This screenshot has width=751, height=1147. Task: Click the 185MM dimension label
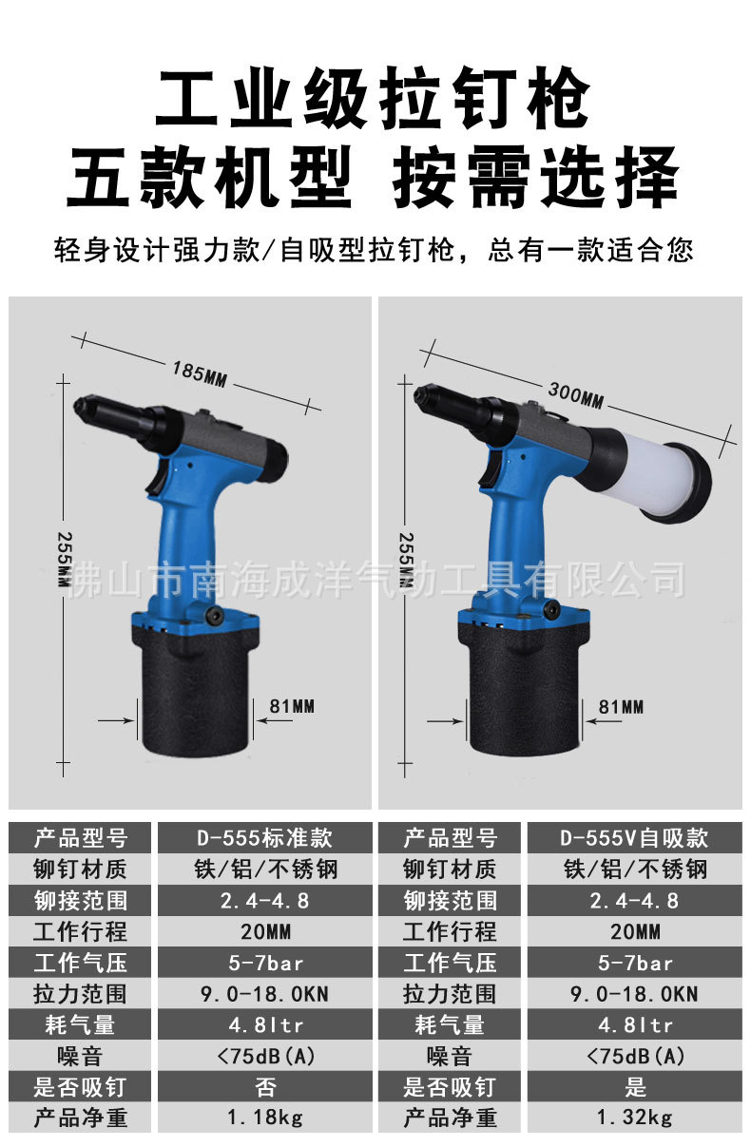click(x=200, y=373)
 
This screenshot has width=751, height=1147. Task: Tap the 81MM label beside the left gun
click(x=292, y=706)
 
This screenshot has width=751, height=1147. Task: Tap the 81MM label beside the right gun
click(x=621, y=706)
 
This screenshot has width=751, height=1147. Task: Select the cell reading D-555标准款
click(x=264, y=838)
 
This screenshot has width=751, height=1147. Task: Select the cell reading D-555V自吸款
click(x=634, y=838)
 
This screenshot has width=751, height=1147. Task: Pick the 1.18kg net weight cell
click(x=264, y=1118)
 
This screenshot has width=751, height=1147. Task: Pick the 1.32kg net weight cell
click(x=634, y=1118)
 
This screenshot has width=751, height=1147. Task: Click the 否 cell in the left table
click(x=264, y=1086)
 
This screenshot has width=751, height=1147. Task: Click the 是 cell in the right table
click(x=634, y=1086)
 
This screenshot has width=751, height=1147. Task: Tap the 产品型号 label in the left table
click(x=80, y=838)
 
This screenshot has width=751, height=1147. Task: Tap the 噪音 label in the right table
click(x=450, y=1055)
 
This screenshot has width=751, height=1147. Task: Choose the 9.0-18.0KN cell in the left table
click(x=264, y=994)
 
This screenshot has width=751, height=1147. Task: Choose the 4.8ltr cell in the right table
click(x=634, y=1024)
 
